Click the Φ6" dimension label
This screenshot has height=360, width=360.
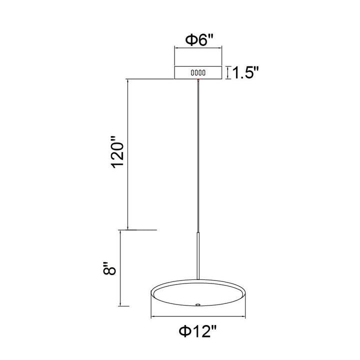tap(199, 40)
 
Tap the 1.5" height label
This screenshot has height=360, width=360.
tap(245, 73)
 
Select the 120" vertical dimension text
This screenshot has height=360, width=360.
tap(117, 152)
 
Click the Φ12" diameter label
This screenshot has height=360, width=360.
tap(197, 331)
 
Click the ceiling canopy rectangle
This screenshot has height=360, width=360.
tap(198, 72)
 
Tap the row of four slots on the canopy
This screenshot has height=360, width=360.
tap(198, 73)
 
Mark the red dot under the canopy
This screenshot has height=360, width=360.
tap(198, 79)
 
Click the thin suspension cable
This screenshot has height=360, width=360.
tap(198, 156)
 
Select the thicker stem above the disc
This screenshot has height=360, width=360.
tap(198, 256)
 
